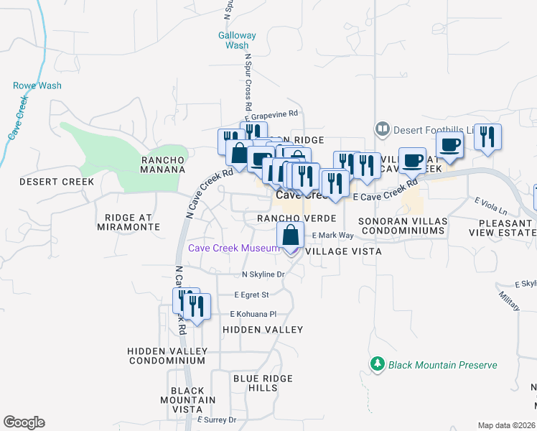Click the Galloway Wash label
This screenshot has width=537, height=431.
pyautogui.click(x=237, y=40)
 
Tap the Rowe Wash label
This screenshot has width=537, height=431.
pyautogui.click(x=37, y=85)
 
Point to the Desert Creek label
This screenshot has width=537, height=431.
pyautogui.click(x=57, y=182)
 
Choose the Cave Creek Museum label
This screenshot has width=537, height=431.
pyautogui.click(x=233, y=249)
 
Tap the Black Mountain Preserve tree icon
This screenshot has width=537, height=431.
pyautogui.click(x=378, y=365)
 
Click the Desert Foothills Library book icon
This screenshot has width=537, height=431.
pyautogui.click(x=382, y=129)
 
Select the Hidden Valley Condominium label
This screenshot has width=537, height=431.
pyautogui.click(x=167, y=356)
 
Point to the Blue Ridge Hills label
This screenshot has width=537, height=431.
pyautogui.click(x=263, y=383)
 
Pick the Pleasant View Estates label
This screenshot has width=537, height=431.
pyautogui.click(x=501, y=228)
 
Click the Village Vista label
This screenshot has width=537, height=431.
pyautogui.click(x=343, y=252)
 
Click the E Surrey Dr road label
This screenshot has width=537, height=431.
pyautogui.click(x=216, y=420)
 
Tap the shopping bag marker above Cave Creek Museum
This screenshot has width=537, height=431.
pyautogui.click(x=290, y=236)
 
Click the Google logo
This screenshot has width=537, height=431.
pyautogui.click(x=24, y=422)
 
